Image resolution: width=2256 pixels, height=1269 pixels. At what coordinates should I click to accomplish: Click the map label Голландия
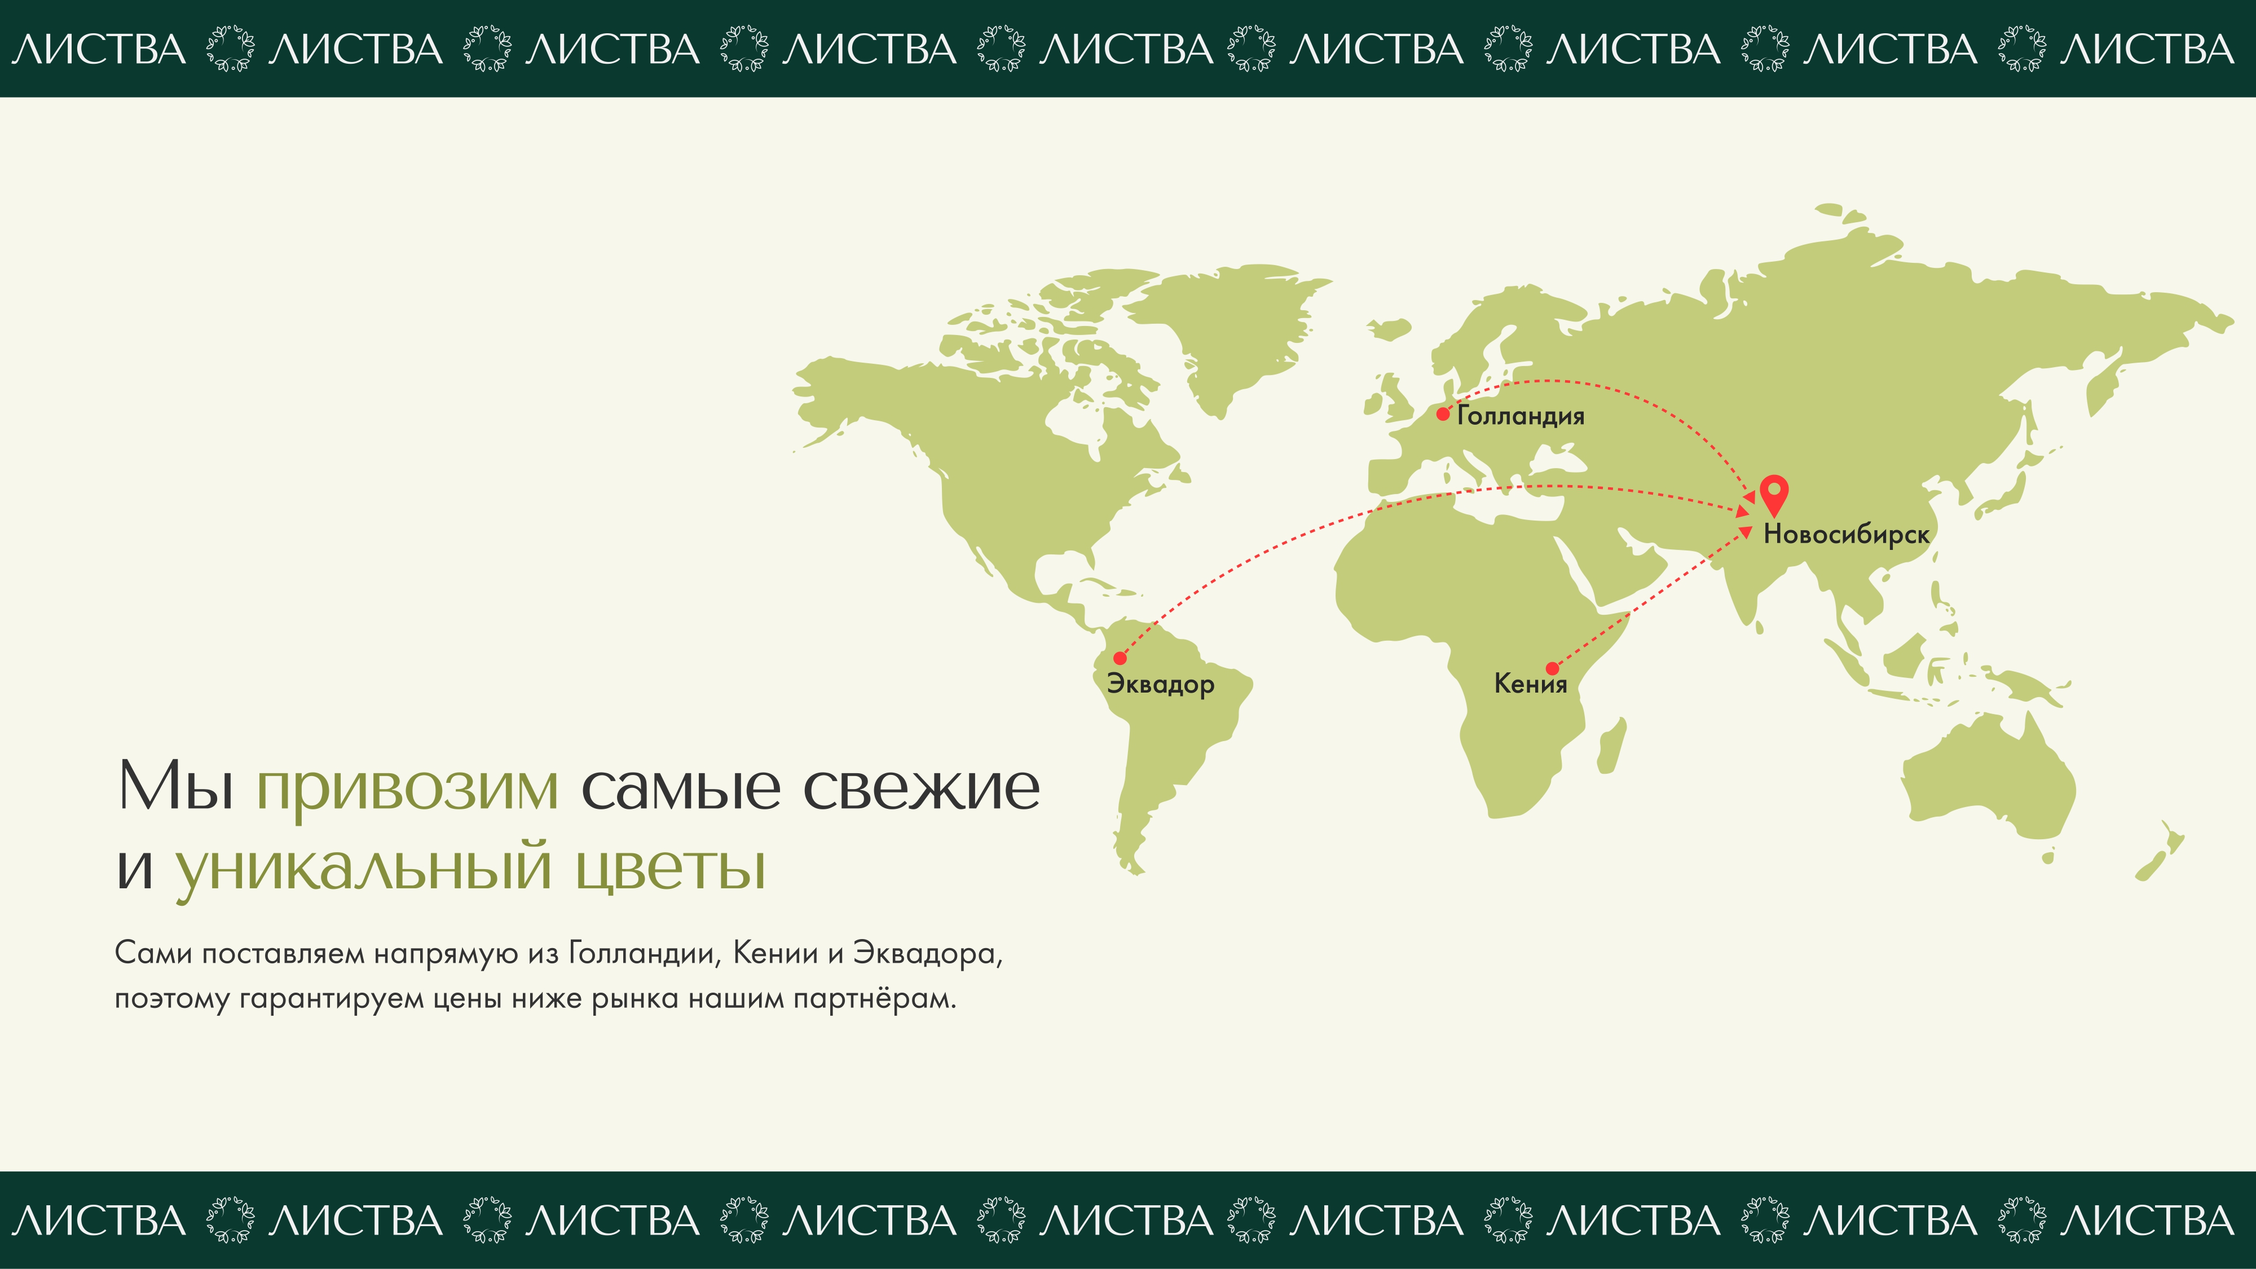coord(1521,416)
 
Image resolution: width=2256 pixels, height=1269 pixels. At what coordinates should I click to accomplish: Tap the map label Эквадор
coord(1160,684)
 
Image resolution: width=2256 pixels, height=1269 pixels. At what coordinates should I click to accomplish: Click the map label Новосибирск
coord(1846,534)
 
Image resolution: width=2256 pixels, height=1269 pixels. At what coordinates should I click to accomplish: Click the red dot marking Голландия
coord(1442,414)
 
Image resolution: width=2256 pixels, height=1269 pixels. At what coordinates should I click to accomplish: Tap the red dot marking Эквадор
coord(1120,658)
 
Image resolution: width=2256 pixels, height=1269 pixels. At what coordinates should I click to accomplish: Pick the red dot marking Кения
coord(1552,669)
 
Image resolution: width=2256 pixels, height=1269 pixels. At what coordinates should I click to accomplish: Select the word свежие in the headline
coord(922,786)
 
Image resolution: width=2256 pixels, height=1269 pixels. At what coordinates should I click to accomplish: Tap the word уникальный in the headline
coord(363,867)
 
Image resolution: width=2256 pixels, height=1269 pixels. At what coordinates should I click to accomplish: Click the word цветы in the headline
coord(671,867)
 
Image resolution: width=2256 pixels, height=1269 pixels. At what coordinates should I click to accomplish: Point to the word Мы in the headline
coord(176,786)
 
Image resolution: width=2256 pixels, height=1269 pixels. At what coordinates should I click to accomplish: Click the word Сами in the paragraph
coord(153,953)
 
